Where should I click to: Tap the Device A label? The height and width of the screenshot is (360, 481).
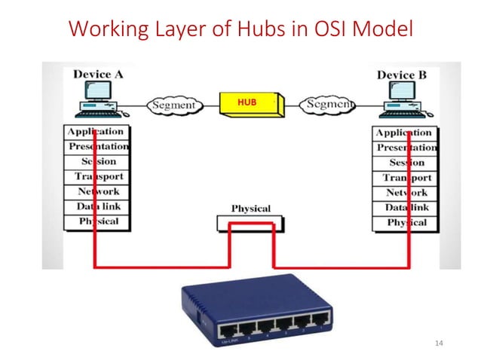tap(99, 75)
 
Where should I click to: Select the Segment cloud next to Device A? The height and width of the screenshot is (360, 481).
tap(173, 105)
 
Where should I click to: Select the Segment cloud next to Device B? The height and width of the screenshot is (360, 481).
tap(327, 104)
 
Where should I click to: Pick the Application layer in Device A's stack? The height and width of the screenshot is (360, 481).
tap(97, 133)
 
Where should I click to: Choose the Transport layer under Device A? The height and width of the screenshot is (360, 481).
tap(98, 177)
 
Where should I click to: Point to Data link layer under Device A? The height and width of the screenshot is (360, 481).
tap(98, 206)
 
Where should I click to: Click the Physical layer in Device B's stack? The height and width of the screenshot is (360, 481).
tap(406, 222)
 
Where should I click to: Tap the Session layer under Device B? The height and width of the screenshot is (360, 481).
tap(406, 163)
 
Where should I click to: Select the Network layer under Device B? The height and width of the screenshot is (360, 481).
tap(406, 192)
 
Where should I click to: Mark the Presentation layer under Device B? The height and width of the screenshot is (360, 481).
tap(406, 148)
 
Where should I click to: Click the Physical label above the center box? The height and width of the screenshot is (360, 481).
tap(251, 208)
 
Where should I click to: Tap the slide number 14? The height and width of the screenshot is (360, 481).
tap(441, 343)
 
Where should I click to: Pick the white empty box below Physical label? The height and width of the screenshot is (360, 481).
tap(250, 224)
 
